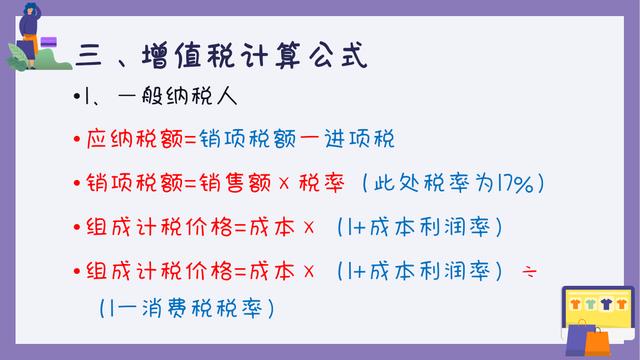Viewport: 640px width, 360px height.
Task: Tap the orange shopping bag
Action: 597,340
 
